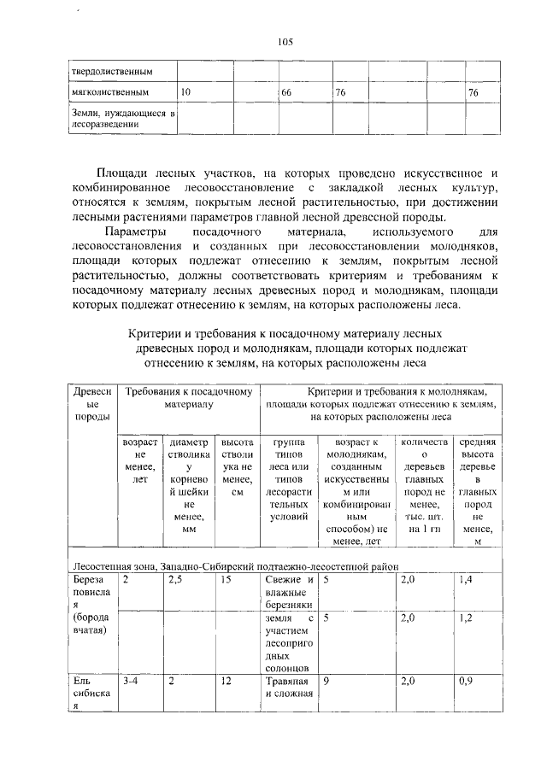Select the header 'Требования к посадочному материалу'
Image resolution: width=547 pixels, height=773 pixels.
[x=188, y=397]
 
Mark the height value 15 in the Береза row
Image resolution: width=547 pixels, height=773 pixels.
[x=226, y=580]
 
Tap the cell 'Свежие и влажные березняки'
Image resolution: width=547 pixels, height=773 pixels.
[x=287, y=592]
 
